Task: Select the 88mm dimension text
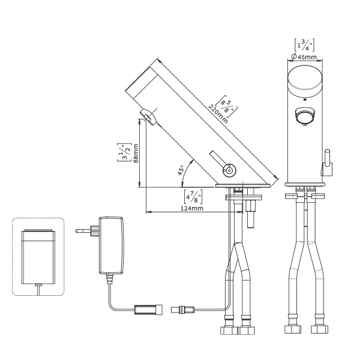(x=136, y=154)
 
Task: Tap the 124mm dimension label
(x=192, y=208)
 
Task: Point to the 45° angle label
(x=181, y=170)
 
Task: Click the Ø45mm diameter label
(x=304, y=56)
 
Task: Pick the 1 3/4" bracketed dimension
(x=304, y=45)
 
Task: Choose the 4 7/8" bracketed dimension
(x=193, y=197)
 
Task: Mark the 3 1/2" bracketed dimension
(x=124, y=152)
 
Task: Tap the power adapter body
(x=111, y=245)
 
